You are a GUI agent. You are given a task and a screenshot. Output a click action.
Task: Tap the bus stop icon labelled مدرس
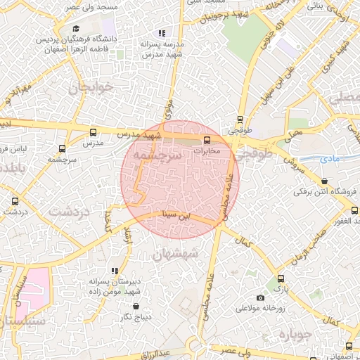pos(94,132)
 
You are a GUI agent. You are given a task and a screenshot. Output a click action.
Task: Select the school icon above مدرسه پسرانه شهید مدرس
pos(162,33)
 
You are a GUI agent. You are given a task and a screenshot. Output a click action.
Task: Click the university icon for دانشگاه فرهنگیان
pos(76,29)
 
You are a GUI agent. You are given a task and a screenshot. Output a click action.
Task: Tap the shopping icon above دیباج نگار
pos(136,307)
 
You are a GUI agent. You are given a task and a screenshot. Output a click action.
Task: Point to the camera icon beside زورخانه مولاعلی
pos(261,297)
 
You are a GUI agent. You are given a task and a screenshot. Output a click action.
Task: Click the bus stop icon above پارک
pos(281,278)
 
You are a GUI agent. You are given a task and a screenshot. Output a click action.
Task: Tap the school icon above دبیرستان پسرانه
pos(114,271)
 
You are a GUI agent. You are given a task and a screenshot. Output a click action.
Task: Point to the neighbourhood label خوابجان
pos(89,89)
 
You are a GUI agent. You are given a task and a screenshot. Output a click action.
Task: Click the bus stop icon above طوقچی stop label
pos(240,120)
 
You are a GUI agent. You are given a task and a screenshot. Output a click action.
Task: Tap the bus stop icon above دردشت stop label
pos(15,201)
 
